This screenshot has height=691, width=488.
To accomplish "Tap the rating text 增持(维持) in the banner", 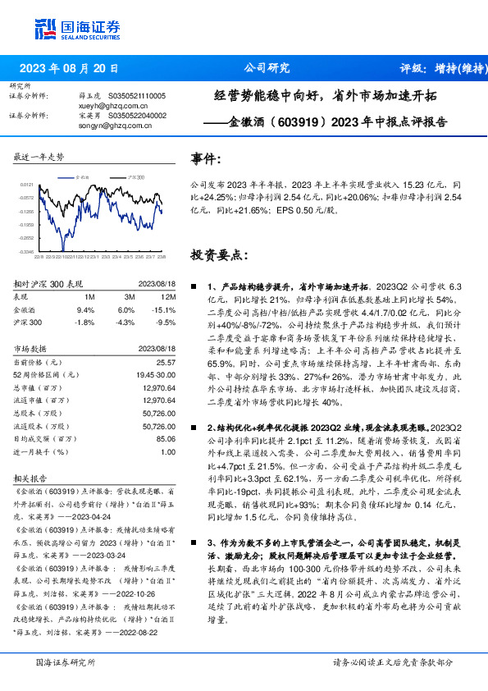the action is tap(454, 68).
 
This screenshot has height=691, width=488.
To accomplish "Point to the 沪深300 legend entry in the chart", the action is tap(137, 176).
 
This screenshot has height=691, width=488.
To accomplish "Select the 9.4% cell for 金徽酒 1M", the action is tap(85, 310).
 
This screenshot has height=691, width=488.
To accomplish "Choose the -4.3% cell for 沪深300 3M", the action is tap(125, 323).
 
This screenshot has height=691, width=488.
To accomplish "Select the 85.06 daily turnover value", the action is tap(165, 438).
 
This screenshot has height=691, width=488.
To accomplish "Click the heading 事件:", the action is tap(207, 159).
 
